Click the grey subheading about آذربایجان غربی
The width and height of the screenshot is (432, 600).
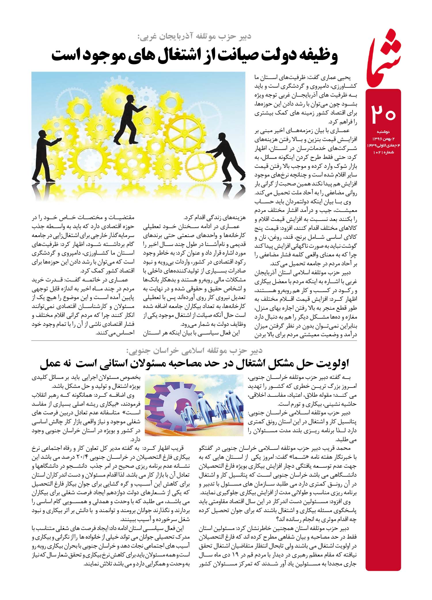tap(194, 37)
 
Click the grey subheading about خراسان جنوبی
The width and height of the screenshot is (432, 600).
tap(194, 351)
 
